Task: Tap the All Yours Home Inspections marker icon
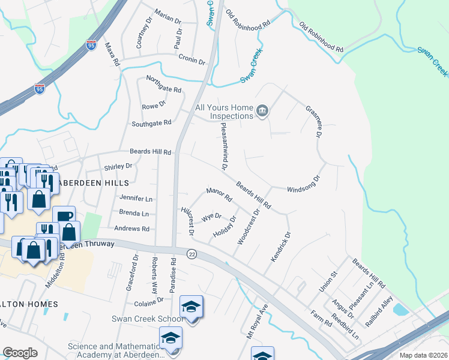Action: tap(262, 111)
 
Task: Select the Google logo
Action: tap(20, 353)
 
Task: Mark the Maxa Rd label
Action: tap(113, 54)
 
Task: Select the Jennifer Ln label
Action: tap(136, 198)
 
